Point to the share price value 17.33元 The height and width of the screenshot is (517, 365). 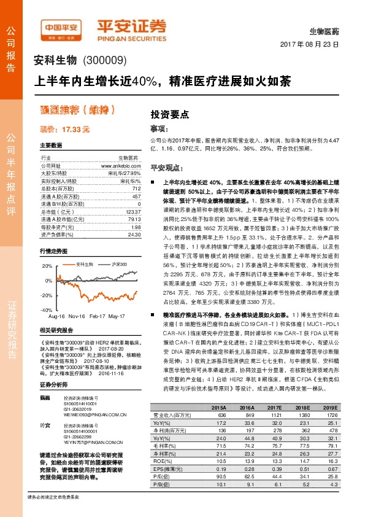[x=64, y=130]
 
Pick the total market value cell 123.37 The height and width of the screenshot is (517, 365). [x=133, y=211]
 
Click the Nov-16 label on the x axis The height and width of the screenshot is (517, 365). [x=77, y=316]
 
